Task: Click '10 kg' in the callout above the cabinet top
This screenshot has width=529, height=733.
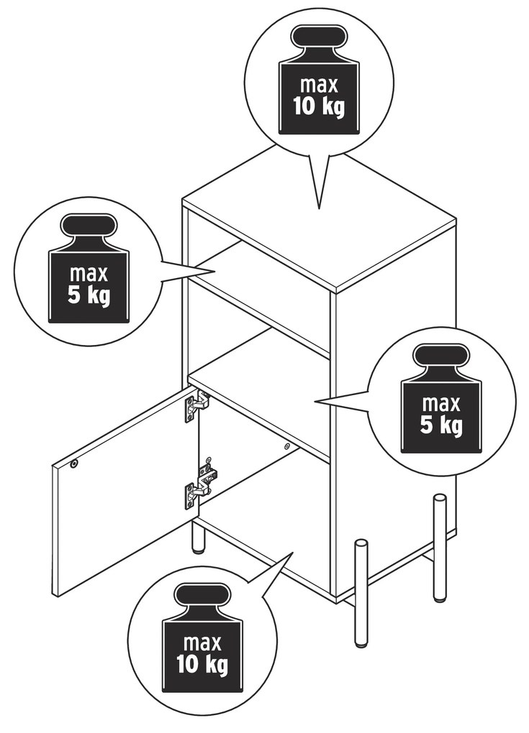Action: point(320,106)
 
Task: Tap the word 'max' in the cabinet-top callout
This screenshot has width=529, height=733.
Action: point(320,85)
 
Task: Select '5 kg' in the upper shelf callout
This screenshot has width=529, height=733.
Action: point(89,295)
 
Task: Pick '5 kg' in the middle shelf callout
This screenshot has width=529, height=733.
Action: point(441,425)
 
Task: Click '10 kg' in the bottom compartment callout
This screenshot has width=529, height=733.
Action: point(202,663)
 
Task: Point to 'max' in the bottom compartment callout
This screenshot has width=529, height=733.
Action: point(202,642)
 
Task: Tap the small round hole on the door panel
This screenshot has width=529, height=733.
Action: point(73,464)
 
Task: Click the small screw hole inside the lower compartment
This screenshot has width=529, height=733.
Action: point(286,446)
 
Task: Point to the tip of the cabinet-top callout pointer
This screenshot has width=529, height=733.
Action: point(320,208)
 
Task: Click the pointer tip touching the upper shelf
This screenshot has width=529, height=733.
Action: point(214,271)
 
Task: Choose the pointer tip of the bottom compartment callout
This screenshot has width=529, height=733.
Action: point(293,553)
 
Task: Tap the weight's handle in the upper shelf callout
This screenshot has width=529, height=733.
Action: point(89,228)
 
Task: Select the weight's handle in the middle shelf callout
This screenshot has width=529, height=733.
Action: point(441,359)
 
